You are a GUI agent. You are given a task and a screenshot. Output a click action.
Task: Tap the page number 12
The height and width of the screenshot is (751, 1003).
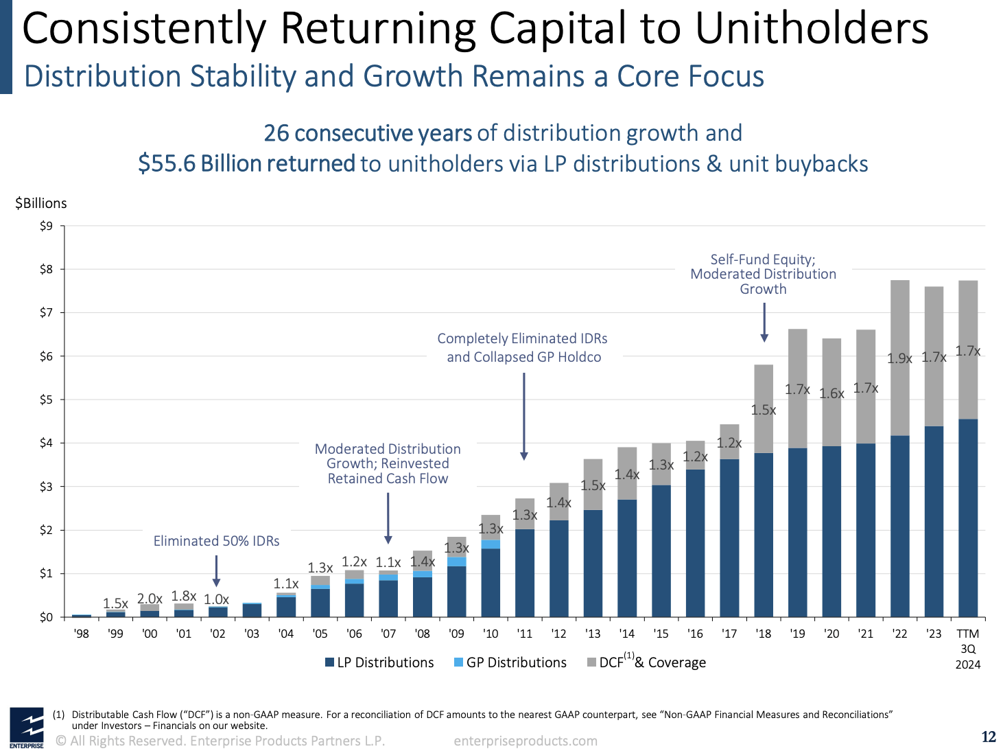pyautogui.click(x=988, y=737)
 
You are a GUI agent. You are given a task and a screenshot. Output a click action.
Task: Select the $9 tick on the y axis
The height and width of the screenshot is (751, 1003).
pyautogui.click(x=46, y=226)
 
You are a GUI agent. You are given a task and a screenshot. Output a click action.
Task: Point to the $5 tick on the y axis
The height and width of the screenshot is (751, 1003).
pyautogui.click(x=46, y=400)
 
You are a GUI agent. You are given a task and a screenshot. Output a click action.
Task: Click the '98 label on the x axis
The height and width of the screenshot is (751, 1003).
pyautogui.click(x=81, y=634)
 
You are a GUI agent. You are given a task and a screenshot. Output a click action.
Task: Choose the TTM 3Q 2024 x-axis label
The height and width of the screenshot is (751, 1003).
pyautogui.click(x=967, y=649)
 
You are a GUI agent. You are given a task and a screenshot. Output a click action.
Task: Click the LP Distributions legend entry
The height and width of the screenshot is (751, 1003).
pyautogui.click(x=379, y=662)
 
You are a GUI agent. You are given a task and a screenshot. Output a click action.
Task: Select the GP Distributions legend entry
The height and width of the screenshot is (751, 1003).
pyautogui.click(x=510, y=662)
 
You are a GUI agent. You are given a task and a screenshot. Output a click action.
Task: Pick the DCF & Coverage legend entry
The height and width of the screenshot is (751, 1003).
pyautogui.click(x=646, y=662)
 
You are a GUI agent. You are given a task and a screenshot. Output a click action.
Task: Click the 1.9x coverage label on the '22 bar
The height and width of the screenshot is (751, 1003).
pyautogui.click(x=899, y=358)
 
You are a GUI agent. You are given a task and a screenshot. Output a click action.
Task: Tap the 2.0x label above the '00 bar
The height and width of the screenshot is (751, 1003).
pyautogui.click(x=150, y=599)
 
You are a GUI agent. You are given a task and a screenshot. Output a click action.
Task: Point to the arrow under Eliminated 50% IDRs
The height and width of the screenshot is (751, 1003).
pyautogui.click(x=217, y=571)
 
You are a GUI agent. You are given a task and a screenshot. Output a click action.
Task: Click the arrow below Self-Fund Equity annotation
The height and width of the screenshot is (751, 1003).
pyautogui.click(x=764, y=323)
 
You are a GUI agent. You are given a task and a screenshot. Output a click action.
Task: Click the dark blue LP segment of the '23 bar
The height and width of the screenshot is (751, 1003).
pyautogui.click(x=934, y=522)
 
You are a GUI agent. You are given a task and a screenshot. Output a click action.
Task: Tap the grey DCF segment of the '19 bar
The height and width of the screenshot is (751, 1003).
pyautogui.click(x=798, y=388)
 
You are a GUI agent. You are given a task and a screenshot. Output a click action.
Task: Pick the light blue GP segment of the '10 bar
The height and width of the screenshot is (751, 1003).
pyautogui.click(x=491, y=544)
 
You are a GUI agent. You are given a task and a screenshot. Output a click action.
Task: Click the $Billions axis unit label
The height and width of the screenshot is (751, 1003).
pyautogui.click(x=41, y=203)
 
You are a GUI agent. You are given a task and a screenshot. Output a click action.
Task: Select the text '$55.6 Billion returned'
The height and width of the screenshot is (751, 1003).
pyautogui.click(x=246, y=164)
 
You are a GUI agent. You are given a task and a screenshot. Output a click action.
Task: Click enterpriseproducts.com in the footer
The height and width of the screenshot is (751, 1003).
pyautogui.click(x=526, y=741)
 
